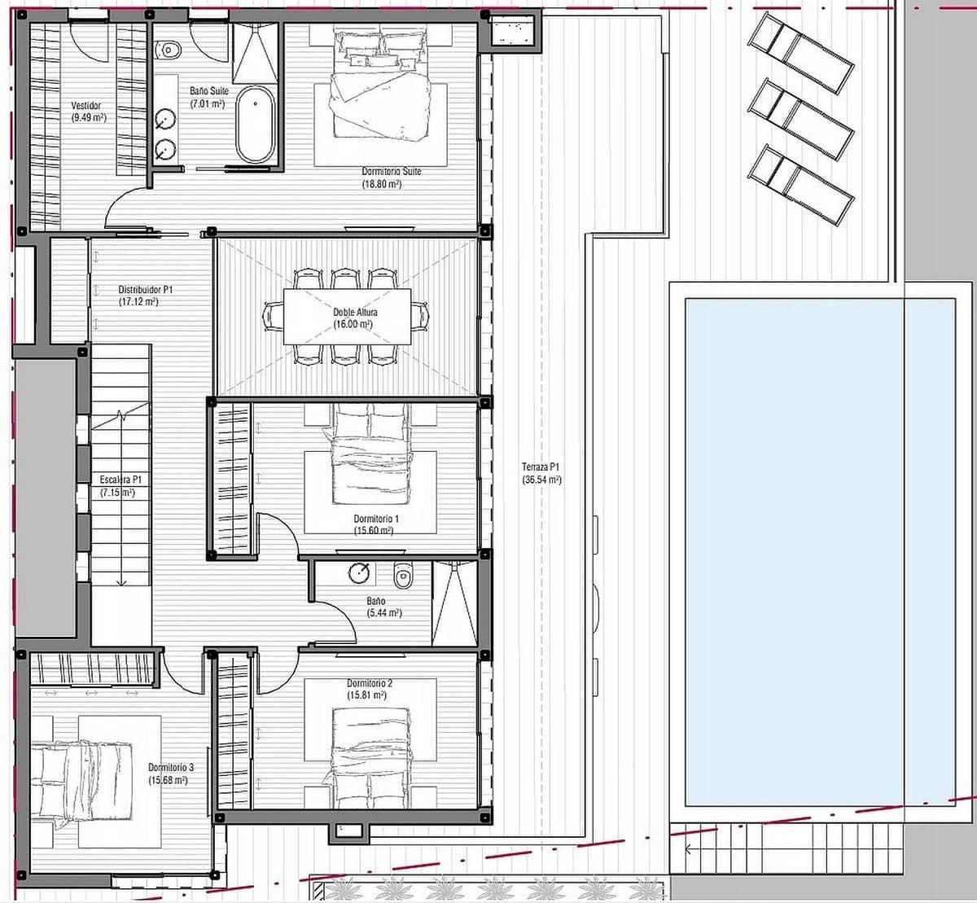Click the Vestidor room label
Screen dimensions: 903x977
(86, 106)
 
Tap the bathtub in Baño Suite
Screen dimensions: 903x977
(256, 125)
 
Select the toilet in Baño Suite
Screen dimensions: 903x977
(169, 50)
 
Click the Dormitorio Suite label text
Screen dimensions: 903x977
(392, 172)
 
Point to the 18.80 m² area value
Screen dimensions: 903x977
(382, 184)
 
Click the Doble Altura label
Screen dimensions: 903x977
(355, 312)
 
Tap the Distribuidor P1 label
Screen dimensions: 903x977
(146, 289)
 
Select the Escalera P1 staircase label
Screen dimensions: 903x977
(120, 480)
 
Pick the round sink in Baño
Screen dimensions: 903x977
(359, 573)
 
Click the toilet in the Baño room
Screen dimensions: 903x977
(402, 576)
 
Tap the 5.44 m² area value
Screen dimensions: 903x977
(384, 612)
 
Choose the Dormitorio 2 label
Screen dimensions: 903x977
(370, 683)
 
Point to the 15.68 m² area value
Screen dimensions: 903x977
(169, 780)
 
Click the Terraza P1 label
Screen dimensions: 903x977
(541, 467)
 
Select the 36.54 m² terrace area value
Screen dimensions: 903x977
(541, 480)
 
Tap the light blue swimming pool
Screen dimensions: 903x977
(819, 550)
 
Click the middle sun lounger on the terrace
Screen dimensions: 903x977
(801, 118)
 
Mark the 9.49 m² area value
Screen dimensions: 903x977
(90, 117)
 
